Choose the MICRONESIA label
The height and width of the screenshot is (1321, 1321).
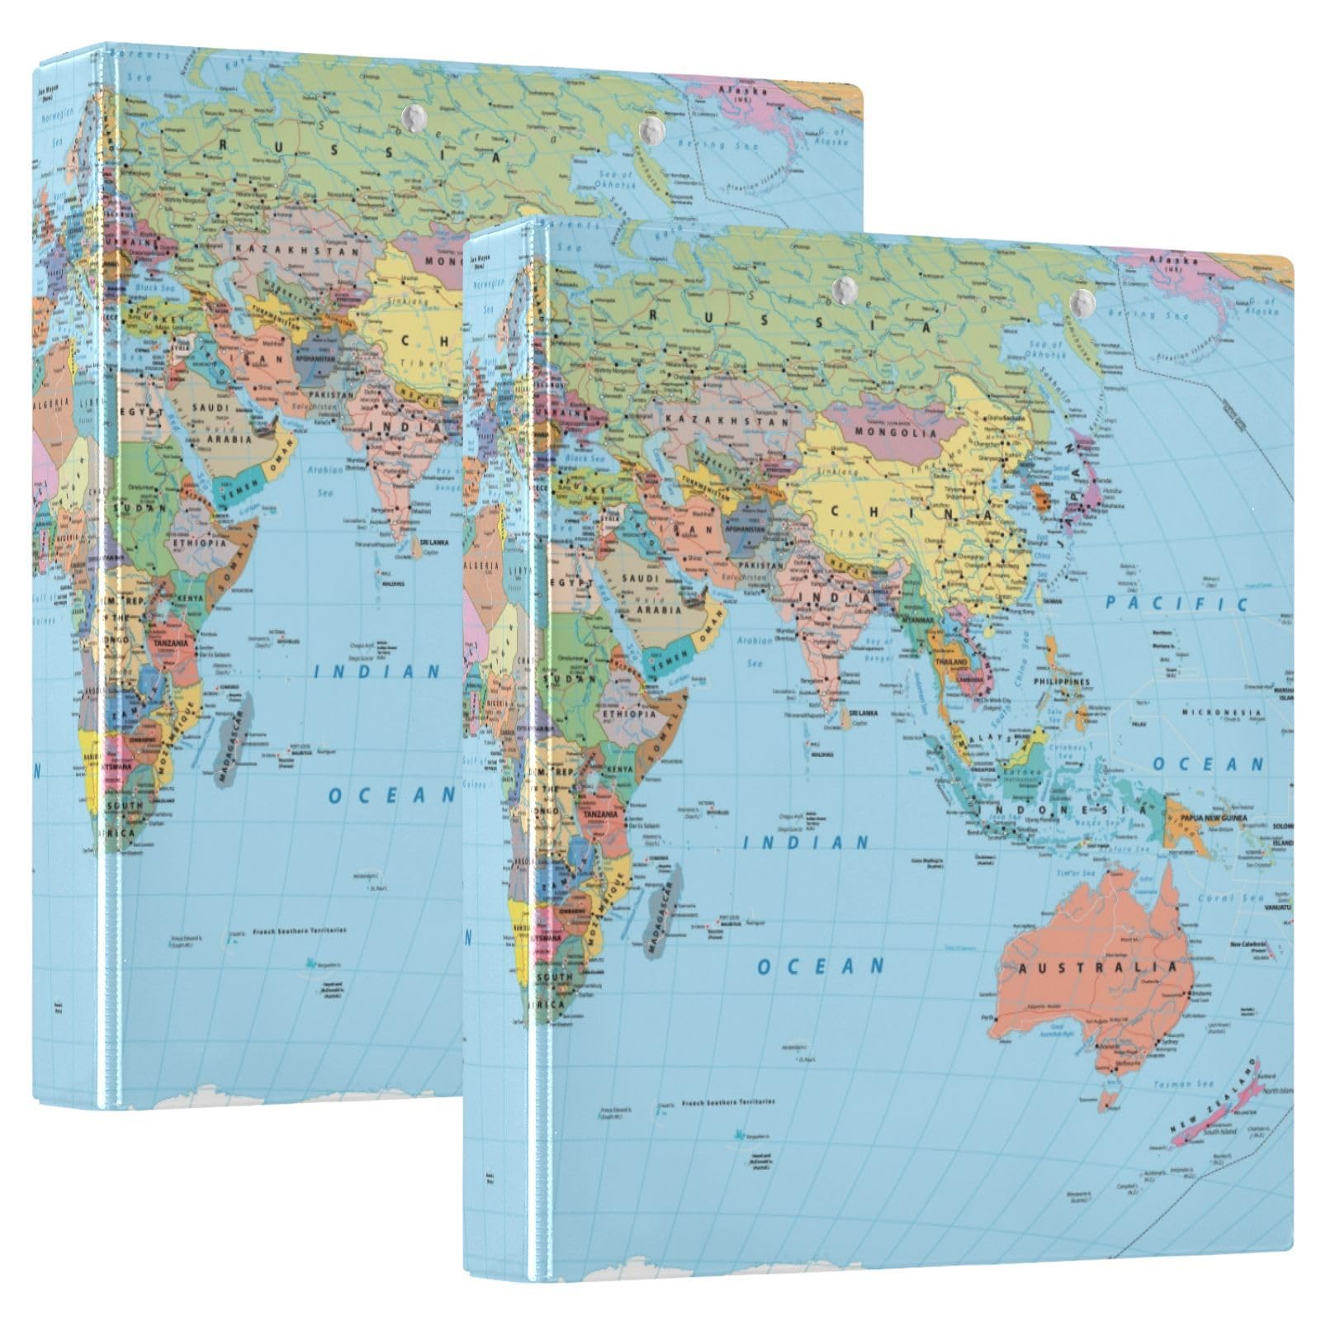(1221, 712)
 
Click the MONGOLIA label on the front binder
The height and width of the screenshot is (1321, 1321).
(897, 432)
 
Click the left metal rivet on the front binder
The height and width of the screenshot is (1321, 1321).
(843, 288)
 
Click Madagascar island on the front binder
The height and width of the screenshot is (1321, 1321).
(664, 907)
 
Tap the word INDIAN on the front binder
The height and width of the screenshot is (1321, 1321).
(805, 843)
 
